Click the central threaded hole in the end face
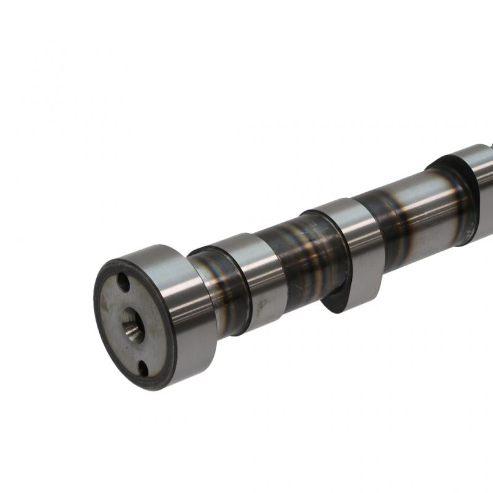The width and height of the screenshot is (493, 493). (x=132, y=325)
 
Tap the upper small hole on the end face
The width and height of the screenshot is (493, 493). (x=123, y=283)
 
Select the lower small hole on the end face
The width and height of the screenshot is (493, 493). (x=143, y=368)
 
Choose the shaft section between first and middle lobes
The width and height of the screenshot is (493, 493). (x=302, y=259)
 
